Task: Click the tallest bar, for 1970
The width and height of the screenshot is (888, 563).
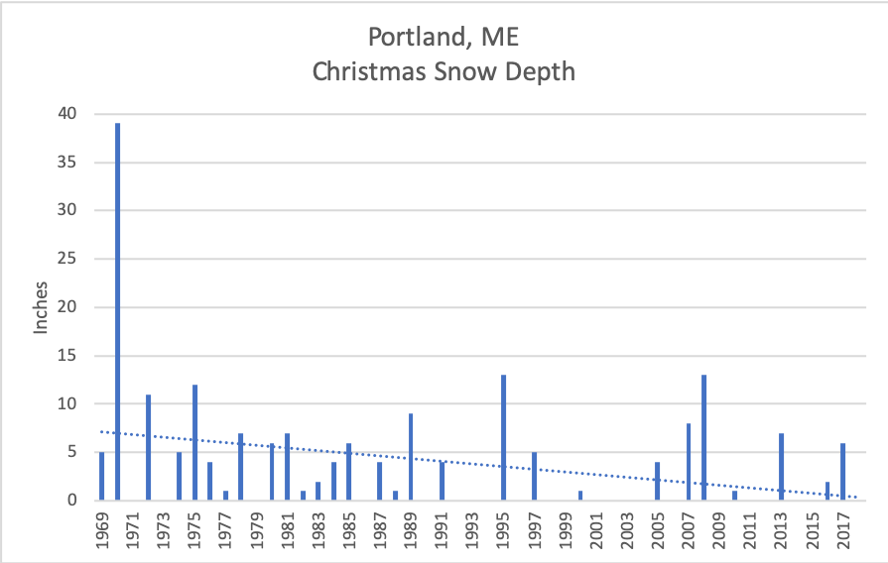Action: click(117, 312)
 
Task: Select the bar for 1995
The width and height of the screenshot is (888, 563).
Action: click(504, 437)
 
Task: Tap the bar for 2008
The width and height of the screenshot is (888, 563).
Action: click(703, 437)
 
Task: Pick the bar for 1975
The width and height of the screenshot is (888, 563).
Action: click(194, 442)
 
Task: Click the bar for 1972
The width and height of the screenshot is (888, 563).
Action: click(148, 447)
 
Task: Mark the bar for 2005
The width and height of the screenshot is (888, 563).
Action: click(657, 481)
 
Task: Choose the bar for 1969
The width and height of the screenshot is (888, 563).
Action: click(101, 476)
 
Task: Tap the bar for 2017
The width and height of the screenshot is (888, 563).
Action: click(843, 472)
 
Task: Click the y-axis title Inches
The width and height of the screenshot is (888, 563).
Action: click(42, 307)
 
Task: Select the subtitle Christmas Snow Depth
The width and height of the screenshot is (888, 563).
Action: click(444, 71)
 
